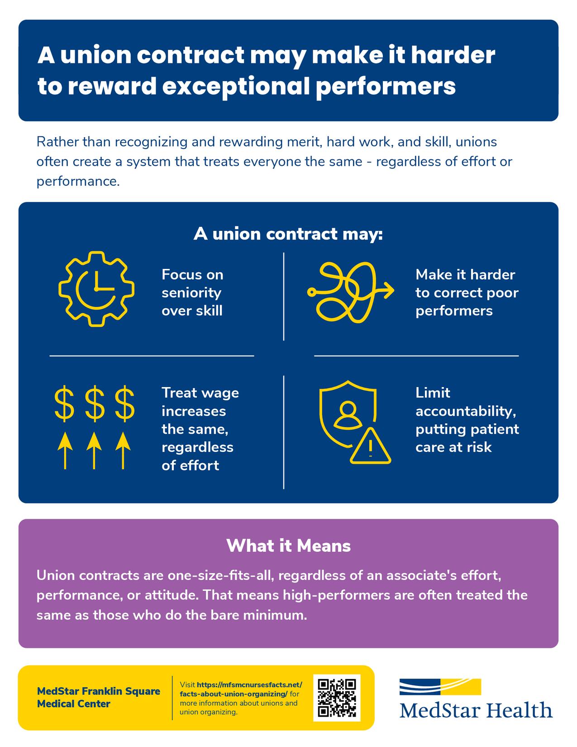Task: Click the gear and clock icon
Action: (x=96, y=288)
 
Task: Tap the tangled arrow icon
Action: (x=350, y=292)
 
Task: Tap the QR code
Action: (x=337, y=698)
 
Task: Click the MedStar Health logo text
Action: (x=476, y=710)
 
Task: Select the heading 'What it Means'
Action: (x=288, y=546)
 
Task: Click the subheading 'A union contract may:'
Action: (x=288, y=234)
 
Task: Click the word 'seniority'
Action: (x=191, y=292)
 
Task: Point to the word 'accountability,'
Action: (x=466, y=411)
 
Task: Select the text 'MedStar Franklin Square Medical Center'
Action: (x=98, y=697)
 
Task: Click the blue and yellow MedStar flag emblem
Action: (x=440, y=686)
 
